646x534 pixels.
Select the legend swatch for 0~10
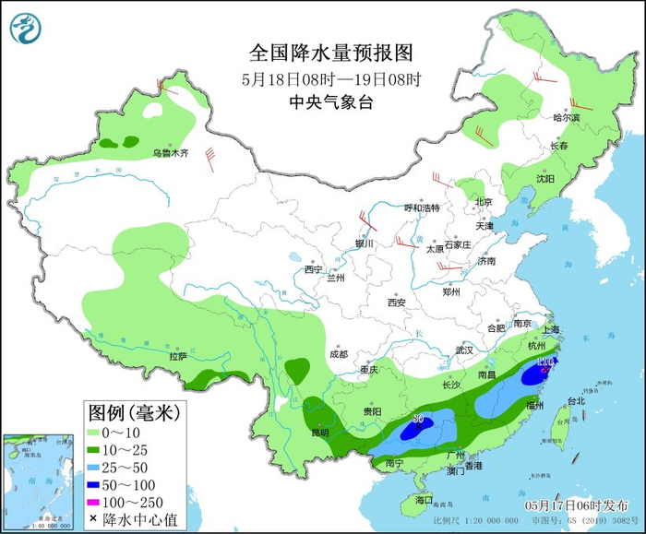coord(97,432)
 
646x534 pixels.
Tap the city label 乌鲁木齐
coord(170,153)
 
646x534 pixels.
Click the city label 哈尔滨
coord(566,118)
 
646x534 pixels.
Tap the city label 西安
coord(397,302)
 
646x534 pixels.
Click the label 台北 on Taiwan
coord(576,401)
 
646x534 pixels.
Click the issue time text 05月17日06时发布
coord(576,506)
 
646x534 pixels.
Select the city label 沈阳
coord(544,179)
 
